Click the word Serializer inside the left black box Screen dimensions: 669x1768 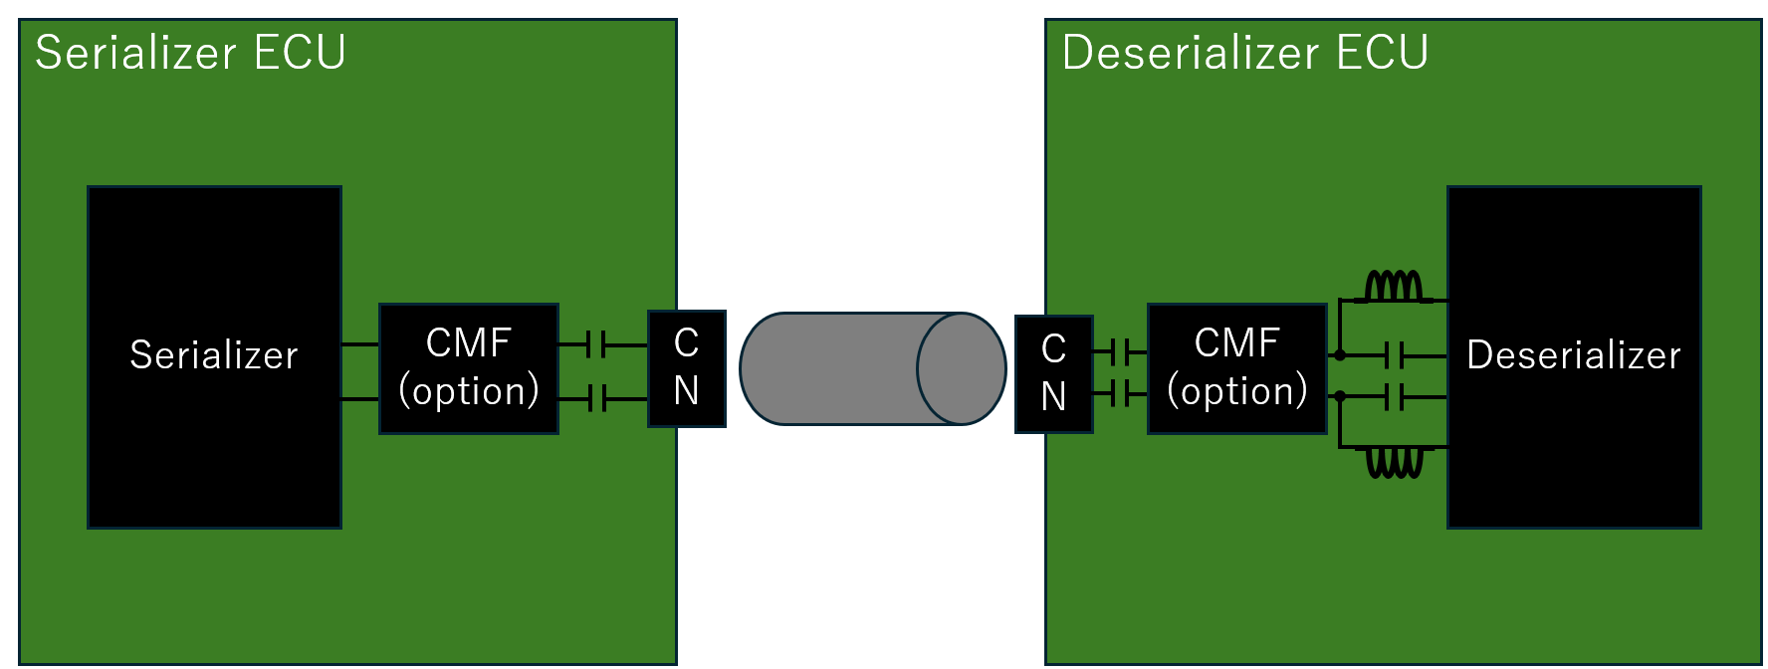tap(214, 355)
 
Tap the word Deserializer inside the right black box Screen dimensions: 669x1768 tap(1573, 355)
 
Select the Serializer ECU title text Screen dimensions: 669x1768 tap(190, 53)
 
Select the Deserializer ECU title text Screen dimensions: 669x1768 tap(1244, 53)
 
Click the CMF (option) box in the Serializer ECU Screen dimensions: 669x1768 tap(469, 368)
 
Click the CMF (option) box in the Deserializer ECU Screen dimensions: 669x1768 tap(1237, 368)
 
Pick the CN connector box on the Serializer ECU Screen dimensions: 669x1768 tap(687, 368)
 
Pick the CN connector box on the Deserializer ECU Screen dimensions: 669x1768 tap(1054, 373)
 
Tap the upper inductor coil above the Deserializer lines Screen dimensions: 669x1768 tap(1394, 287)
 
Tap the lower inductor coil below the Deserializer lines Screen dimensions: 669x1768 tap(1394, 462)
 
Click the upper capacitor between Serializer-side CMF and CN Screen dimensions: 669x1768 tap(596, 345)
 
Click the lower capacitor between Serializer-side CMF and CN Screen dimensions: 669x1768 tap(596, 399)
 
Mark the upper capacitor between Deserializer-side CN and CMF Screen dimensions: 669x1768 tap(1120, 351)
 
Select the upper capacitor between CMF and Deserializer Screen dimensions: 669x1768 tap(1395, 355)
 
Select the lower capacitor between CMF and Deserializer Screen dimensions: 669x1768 tap(1395, 396)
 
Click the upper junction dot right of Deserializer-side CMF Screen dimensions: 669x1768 tap(1340, 355)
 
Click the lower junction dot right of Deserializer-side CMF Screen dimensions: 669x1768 tap(1340, 396)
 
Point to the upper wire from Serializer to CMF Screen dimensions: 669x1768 tap(360, 345)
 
